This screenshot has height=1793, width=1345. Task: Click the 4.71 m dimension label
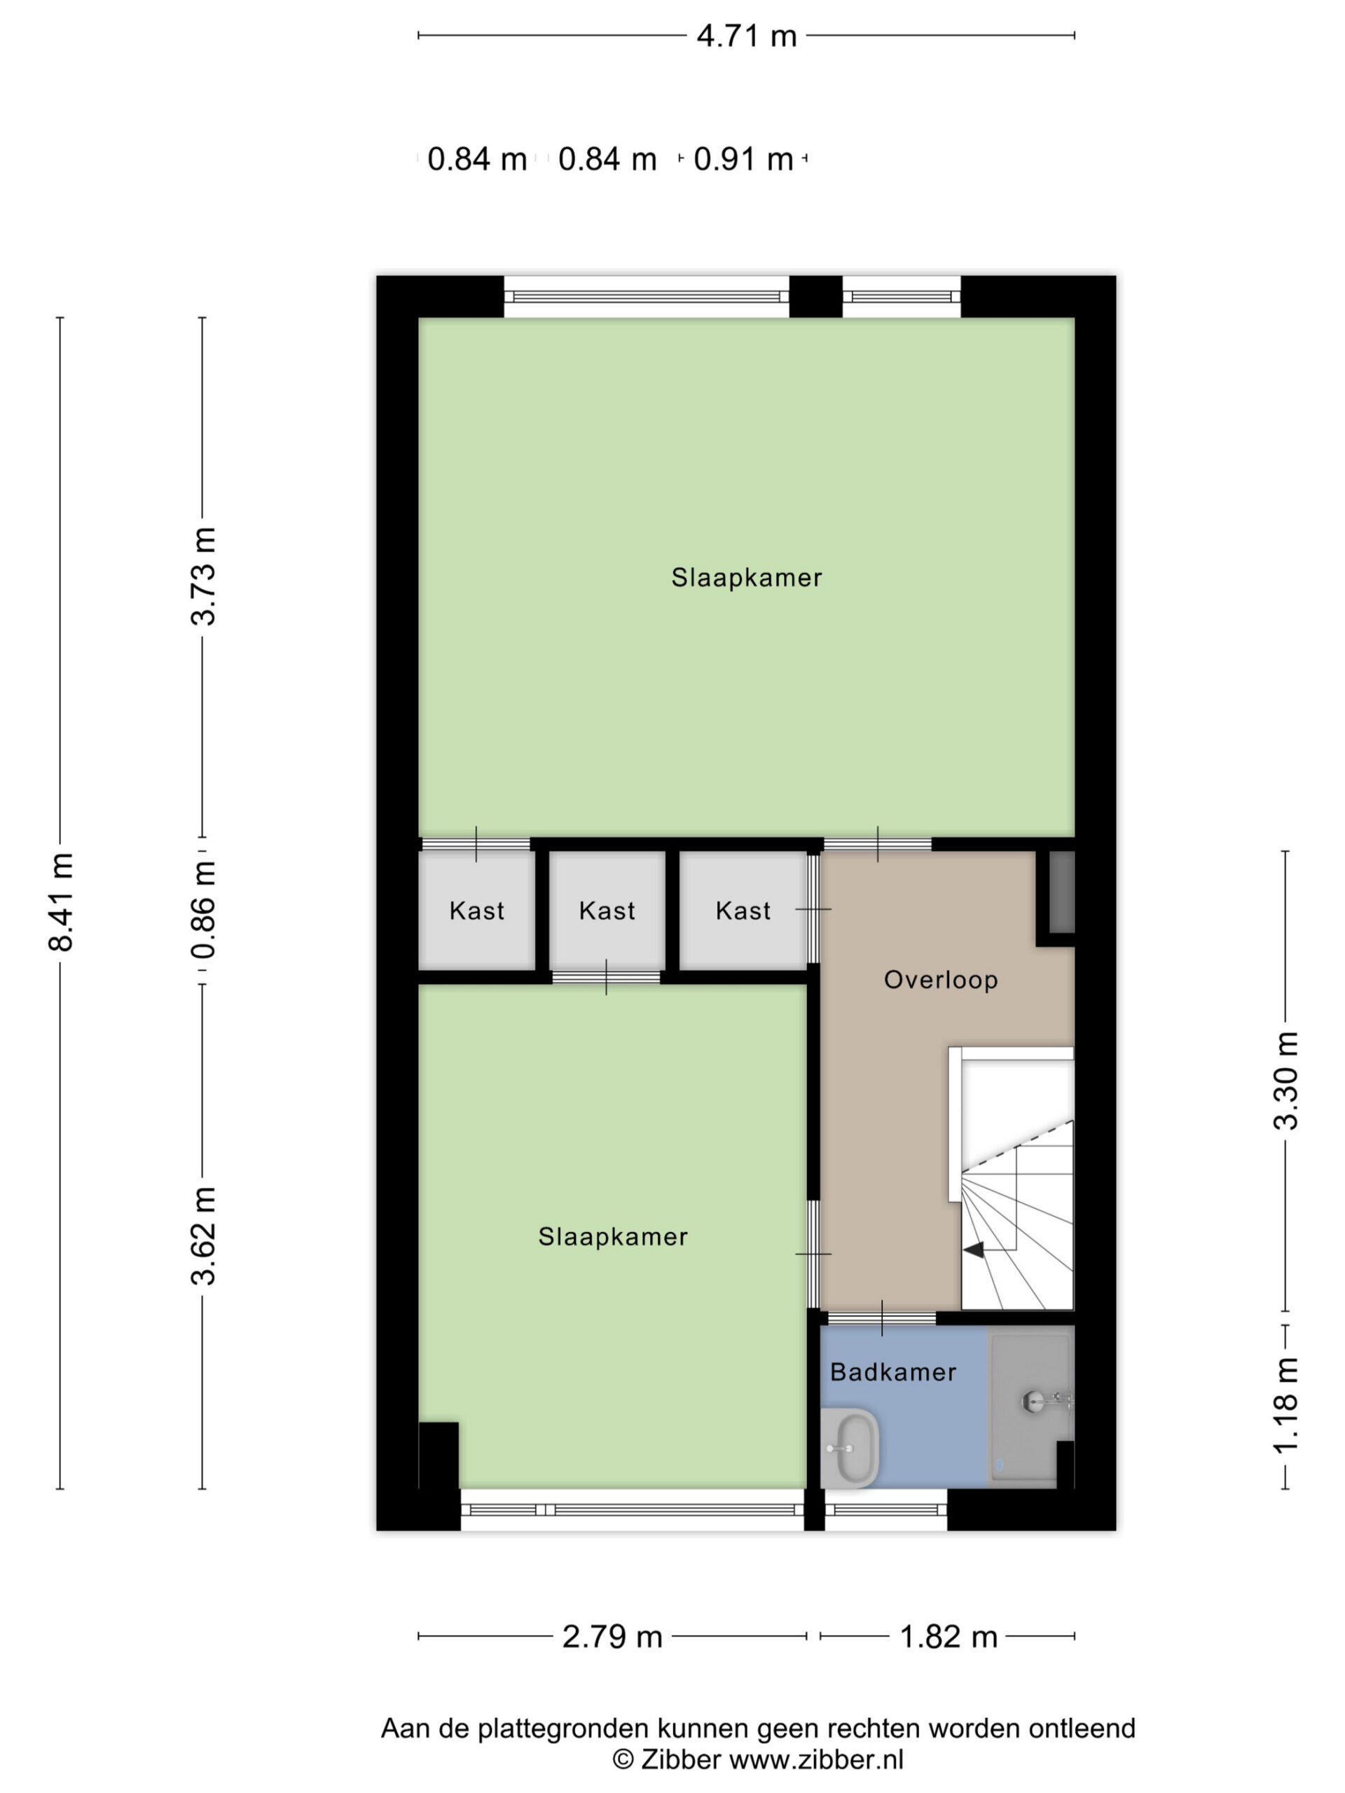[747, 36]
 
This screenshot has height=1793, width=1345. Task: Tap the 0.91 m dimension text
[743, 159]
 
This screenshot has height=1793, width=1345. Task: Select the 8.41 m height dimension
[62, 901]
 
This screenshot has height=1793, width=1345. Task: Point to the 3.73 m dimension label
[203, 576]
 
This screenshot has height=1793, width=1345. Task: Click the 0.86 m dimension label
[203, 910]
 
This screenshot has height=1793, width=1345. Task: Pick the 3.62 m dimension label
[203, 1235]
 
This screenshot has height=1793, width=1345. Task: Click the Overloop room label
[940, 980]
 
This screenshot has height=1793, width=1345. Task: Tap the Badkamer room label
[893, 1372]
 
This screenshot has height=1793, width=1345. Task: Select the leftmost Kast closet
[477, 911]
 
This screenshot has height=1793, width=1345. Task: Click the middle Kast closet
[607, 911]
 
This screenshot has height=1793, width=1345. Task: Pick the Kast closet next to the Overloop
[743, 911]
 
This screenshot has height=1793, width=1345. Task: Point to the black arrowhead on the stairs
[974, 1250]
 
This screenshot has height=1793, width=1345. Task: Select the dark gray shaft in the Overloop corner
[1062, 892]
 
